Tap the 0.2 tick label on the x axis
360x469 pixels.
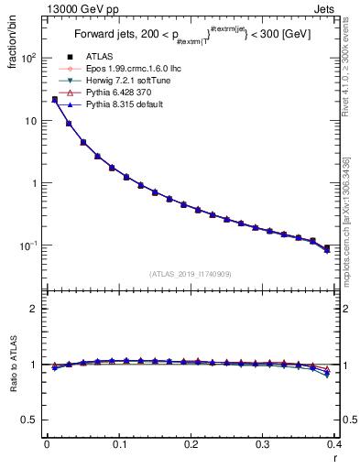point(191,445)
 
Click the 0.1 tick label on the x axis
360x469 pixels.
point(119,445)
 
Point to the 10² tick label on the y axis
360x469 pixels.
point(29,58)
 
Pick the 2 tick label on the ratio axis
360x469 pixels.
point(36,309)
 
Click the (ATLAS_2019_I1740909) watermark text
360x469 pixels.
point(191,273)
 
